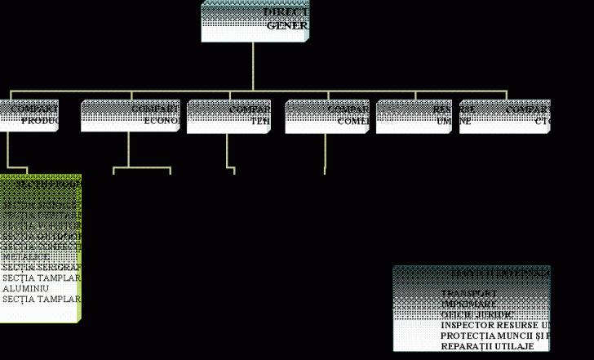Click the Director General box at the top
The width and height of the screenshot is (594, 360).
click(255, 21)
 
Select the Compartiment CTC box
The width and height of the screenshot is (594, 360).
click(504, 115)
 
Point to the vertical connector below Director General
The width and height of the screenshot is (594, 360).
click(253, 66)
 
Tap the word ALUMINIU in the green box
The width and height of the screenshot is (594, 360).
click(25, 289)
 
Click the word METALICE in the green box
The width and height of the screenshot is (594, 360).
click(24, 257)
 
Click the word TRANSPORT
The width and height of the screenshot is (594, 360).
click(469, 292)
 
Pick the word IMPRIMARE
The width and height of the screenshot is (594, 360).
click(468, 303)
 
